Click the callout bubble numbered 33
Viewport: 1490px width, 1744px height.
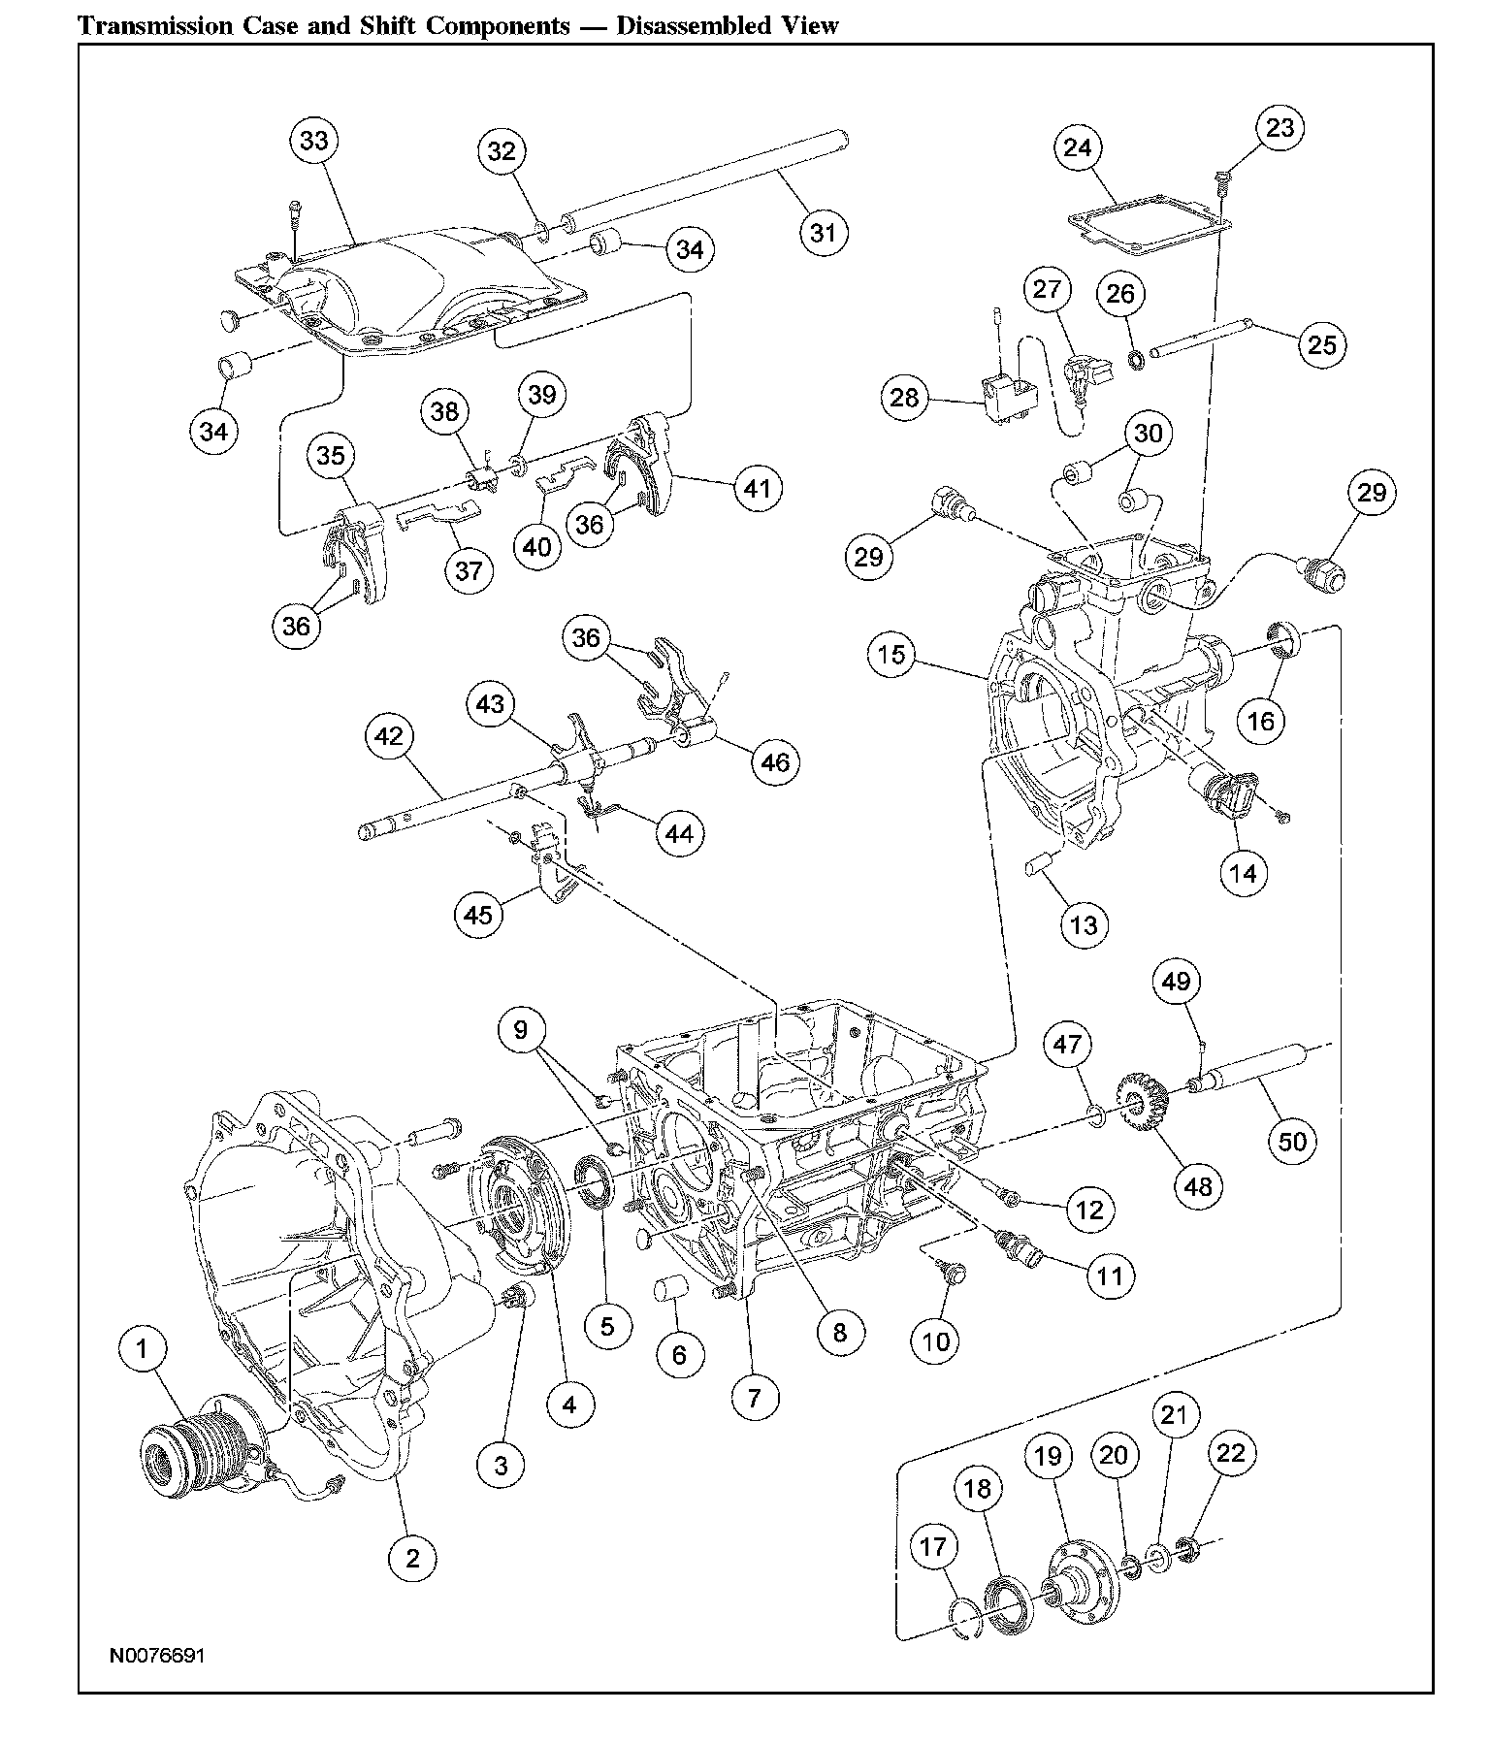tap(313, 142)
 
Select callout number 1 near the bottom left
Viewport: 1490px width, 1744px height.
tap(143, 1348)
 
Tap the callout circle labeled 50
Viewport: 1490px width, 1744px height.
tap(1293, 1141)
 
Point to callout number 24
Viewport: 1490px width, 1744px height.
tap(1078, 148)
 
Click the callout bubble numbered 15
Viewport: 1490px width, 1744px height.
tap(891, 655)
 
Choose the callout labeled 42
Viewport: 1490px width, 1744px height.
tap(389, 737)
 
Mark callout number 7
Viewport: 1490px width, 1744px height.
tap(755, 1398)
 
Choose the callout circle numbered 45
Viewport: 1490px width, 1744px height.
tap(479, 914)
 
